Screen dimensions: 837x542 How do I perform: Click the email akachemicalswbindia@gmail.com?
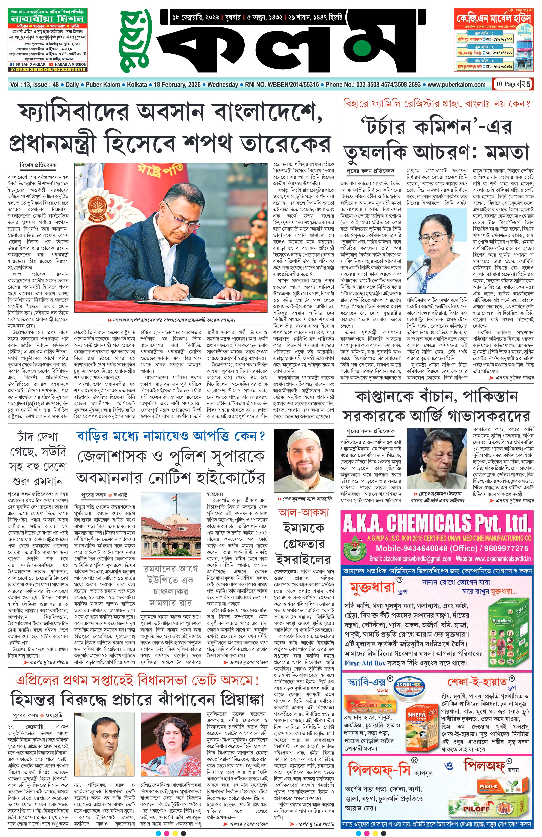(x=410, y=559)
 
